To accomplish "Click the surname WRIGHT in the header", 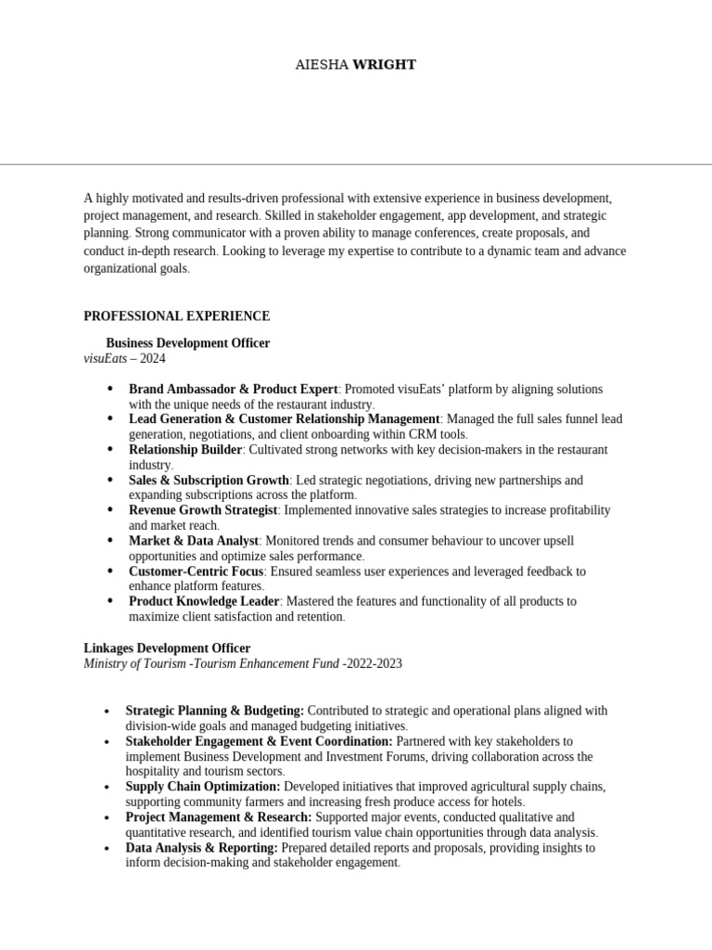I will [x=385, y=65].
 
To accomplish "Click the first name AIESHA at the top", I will [x=322, y=65].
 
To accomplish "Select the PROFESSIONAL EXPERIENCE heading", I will [x=176, y=316].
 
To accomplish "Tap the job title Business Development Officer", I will [x=187, y=343].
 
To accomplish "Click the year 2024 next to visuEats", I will [x=153, y=358].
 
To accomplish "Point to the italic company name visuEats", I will [x=105, y=358].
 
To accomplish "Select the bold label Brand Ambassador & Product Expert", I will [x=233, y=390].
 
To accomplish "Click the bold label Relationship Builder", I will [x=185, y=450].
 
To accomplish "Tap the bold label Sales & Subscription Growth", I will [x=209, y=481].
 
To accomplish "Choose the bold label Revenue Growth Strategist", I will [x=203, y=510].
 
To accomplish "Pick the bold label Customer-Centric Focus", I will [x=197, y=571].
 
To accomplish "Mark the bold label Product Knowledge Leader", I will [x=203, y=601].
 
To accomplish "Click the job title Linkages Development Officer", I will [x=167, y=648].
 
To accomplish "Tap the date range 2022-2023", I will [x=374, y=663].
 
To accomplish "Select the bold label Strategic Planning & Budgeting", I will [x=214, y=711].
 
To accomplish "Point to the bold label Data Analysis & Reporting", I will [x=201, y=848].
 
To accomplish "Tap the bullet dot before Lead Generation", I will [x=111, y=419].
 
